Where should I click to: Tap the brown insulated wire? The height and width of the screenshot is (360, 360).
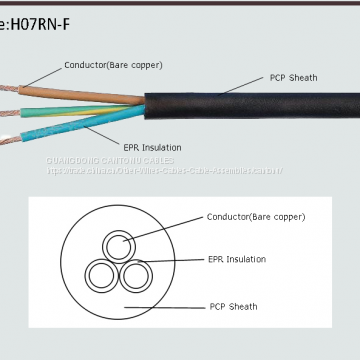coord(80,90)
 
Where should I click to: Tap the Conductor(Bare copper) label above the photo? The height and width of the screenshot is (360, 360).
coord(113,65)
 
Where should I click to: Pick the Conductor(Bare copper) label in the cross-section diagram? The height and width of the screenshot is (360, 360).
coord(256,216)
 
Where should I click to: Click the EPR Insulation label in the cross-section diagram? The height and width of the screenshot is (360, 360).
coord(237,259)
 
